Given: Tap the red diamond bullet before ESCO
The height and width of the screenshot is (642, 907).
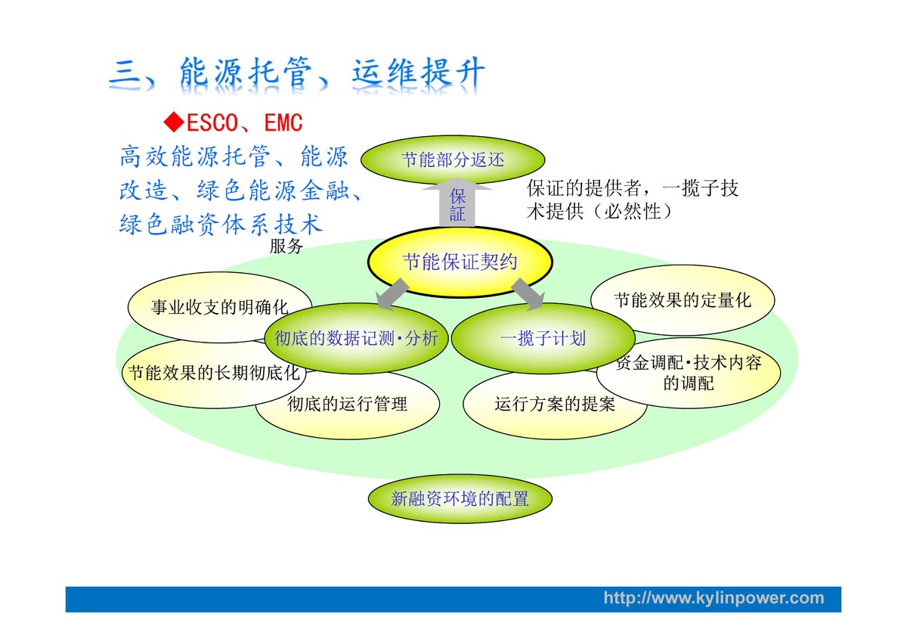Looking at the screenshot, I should pyautogui.click(x=175, y=121).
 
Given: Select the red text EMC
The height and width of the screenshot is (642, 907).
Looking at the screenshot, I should pyautogui.click(x=283, y=123).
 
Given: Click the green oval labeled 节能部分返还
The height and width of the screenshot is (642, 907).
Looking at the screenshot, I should pyautogui.click(x=452, y=160).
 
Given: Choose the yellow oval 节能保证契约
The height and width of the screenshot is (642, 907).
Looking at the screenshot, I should pyautogui.click(x=460, y=262).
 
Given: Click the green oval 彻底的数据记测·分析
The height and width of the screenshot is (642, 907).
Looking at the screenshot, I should pyautogui.click(x=356, y=338).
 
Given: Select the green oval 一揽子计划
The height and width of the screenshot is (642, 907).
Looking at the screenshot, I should pyautogui.click(x=543, y=338).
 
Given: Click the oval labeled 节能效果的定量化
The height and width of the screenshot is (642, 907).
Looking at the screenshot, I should pyautogui.click(x=683, y=299).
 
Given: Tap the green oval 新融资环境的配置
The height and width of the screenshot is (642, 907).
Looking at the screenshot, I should pyautogui.click(x=460, y=498).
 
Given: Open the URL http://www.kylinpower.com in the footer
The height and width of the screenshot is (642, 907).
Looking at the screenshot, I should pyautogui.click(x=713, y=598).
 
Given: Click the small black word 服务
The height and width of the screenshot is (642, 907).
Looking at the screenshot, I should pyautogui.click(x=286, y=247).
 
